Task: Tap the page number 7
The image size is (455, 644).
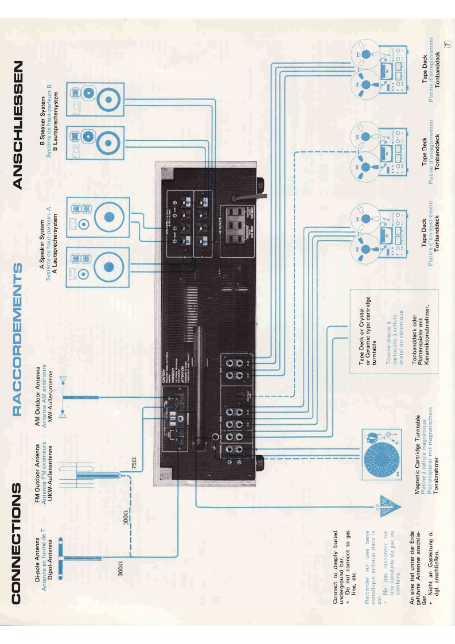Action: click(x=445, y=43)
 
